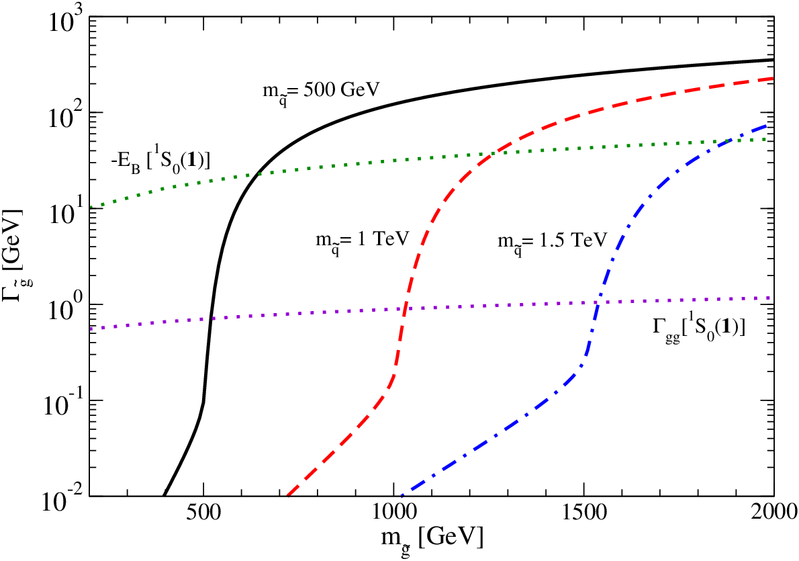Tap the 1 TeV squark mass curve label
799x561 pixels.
[363, 241]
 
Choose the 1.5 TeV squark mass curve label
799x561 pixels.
[553, 241]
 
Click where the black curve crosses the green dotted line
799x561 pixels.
[259, 174]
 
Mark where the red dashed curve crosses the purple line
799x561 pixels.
[405, 308]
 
